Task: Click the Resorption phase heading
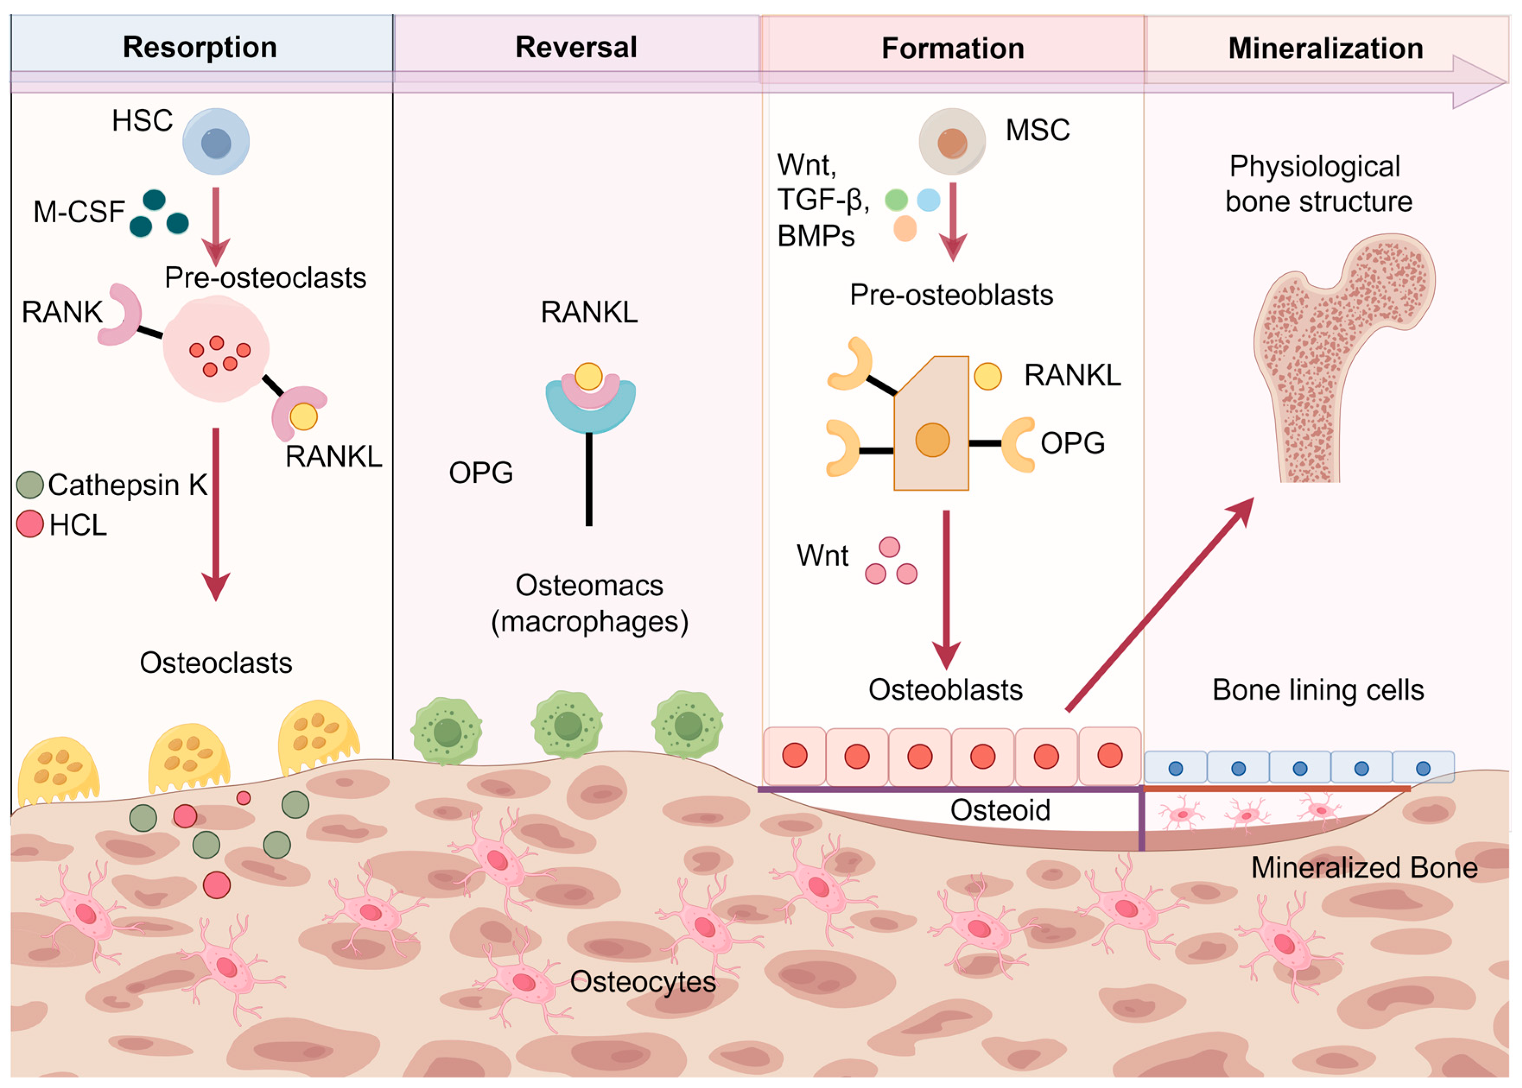200,47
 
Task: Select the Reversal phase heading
576,47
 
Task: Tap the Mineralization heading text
1325,49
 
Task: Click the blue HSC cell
216,142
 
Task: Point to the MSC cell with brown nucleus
951,142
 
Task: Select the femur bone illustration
1334,355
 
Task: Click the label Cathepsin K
127,485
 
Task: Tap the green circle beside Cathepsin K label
30,485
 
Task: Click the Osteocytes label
643,982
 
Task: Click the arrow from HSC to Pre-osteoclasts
216,225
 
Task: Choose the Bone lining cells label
1318,690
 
